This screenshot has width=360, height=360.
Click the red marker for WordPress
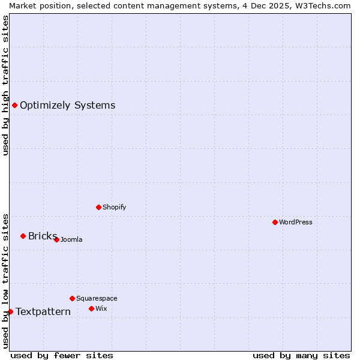275,222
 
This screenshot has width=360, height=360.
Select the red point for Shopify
98,207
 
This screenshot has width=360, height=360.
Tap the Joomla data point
56,239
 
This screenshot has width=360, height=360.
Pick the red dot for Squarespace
72,298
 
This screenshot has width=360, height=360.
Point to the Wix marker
91,308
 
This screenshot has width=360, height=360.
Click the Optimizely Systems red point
14,106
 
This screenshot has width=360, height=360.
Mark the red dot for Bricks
23,236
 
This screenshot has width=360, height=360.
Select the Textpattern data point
10,311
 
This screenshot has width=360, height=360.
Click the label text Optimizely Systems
67,106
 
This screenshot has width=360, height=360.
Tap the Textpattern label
43,311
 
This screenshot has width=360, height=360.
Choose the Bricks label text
42,236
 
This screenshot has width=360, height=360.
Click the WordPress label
296,222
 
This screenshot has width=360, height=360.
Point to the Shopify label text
114,207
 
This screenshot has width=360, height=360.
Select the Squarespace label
97,298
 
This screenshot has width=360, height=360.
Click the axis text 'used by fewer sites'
62,355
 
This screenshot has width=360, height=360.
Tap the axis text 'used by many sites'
301,355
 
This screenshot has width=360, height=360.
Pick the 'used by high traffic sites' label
5,85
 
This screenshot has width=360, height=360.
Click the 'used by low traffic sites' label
5,281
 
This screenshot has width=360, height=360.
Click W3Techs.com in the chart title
322,5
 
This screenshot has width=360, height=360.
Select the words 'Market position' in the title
37,5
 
